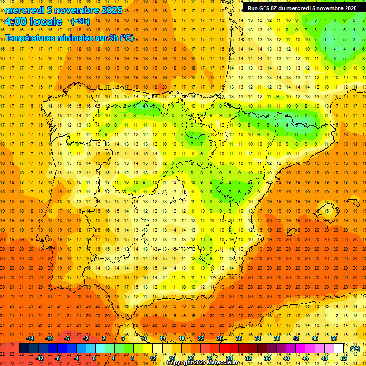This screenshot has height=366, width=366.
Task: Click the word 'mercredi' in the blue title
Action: pyautogui.click(x=25, y=10)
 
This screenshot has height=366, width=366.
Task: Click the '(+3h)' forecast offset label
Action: pyautogui.click(x=80, y=21)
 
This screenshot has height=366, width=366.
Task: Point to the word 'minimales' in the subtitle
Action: pyautogui.click(x=79, y=38)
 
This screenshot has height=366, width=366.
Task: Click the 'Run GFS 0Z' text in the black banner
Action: pyautogui.click(x=264, y=8)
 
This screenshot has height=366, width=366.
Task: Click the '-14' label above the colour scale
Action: pyautogui.click(x=30, y=338)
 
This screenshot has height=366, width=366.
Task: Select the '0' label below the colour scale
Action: pyautogui.click(x=94, y=358)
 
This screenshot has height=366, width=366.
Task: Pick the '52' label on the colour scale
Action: pyautogui.click(x=344, y=358)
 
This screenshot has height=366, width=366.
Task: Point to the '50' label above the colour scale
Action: pyautogui.click(x=334, y=338)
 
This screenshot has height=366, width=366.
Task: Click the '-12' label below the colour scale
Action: pyautogui.click(x=40, y=358)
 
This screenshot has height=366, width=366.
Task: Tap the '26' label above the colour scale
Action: pyautogui.click(x=220, y=338)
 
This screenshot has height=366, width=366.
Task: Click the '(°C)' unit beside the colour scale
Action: pyautogui.click(x=355, y=349)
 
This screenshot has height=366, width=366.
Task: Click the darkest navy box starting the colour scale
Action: pyautogui.click(x=24, y=348)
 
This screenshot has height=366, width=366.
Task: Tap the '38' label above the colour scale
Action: pyautogui.click(x=277, y=338)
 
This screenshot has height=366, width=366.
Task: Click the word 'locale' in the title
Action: pyautogui.click(x=46, y=21)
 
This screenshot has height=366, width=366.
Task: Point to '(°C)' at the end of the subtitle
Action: pyautogui.click(x=127, y=38)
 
